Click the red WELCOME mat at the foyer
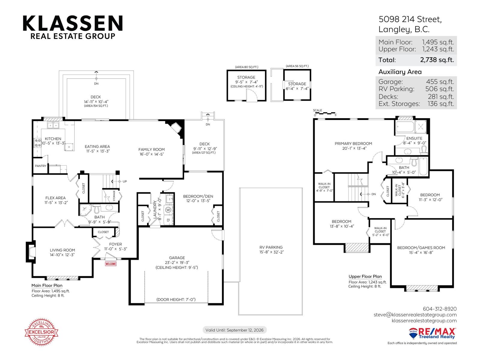tap(110, 264)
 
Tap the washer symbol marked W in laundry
tap(168, 210)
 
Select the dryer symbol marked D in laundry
tap(168, 220)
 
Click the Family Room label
tap(151, 149)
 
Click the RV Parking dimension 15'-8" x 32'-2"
tap(271, 252)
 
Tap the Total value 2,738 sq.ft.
tap(437, 60)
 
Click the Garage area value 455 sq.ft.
tap(440, 82)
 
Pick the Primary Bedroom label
tap(353, 143)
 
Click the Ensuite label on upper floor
tap(414, 138)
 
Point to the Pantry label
tap(40, 166)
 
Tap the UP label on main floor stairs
tap(124, 181)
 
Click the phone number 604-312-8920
tap(439, 309)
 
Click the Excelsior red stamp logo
tap(41, 332)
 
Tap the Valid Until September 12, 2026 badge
tap(234, 330)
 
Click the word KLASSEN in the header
tap(73, 23)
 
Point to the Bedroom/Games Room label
tap(421, 247)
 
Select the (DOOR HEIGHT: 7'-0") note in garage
tap(176, 299)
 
